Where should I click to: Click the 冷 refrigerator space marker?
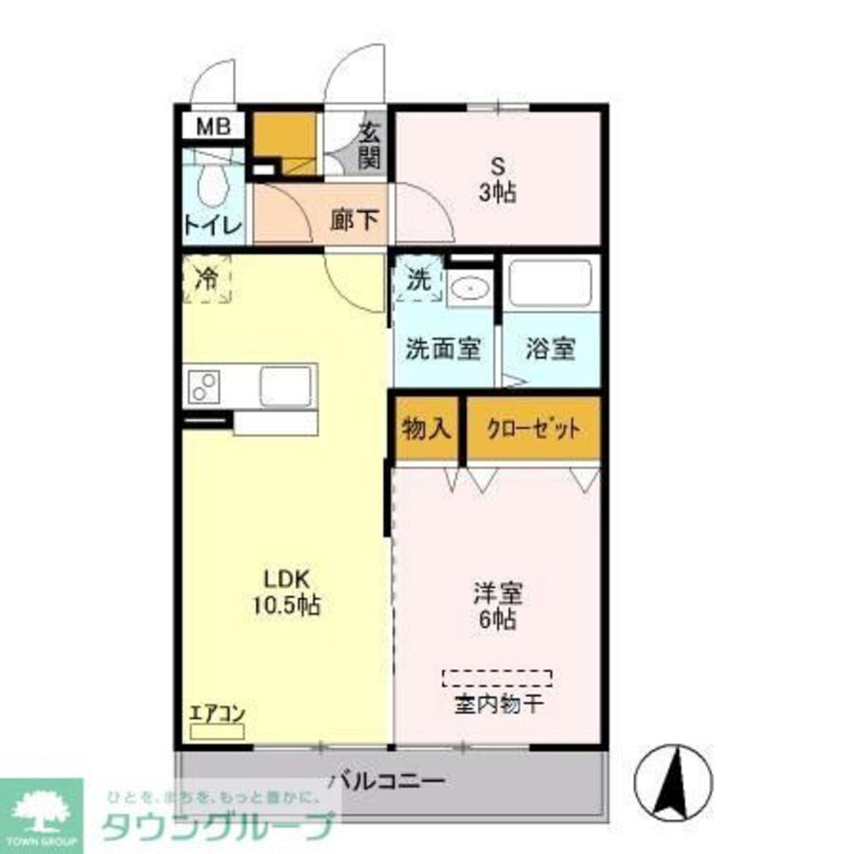[x=207, y=278]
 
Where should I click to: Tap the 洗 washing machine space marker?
[x=418, y=279]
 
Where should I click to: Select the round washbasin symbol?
[x=468, y=290]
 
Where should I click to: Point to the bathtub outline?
[x=550, y=284]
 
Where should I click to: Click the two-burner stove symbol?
[x=206, y=387]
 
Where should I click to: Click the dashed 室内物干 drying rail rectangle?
[x=497, y=678]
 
